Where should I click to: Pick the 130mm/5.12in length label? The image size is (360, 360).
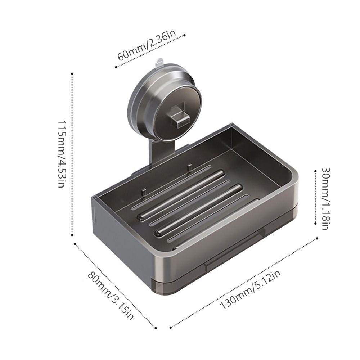(250, 291)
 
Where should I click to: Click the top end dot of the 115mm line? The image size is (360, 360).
(72, 74)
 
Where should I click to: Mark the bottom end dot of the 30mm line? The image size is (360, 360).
(315, 223)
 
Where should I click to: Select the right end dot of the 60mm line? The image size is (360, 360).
(185, 35)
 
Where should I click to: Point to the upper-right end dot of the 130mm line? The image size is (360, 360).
(317, 238)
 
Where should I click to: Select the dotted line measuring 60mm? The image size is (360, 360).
(150, 51)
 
